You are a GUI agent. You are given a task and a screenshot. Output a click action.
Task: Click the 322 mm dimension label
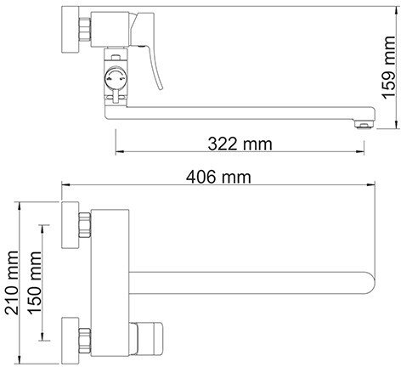[240, 144]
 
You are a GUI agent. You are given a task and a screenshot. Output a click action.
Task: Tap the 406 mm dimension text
[218, 178]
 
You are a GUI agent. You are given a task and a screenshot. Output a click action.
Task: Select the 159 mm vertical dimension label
[388, 67]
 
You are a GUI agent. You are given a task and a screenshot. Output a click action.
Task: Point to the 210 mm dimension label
[12, 283]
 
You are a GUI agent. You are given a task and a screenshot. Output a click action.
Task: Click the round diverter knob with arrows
[116, 77]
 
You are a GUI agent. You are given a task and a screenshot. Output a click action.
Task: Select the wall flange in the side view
[71, 29]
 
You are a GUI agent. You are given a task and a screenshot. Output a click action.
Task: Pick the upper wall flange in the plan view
[71, 225]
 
